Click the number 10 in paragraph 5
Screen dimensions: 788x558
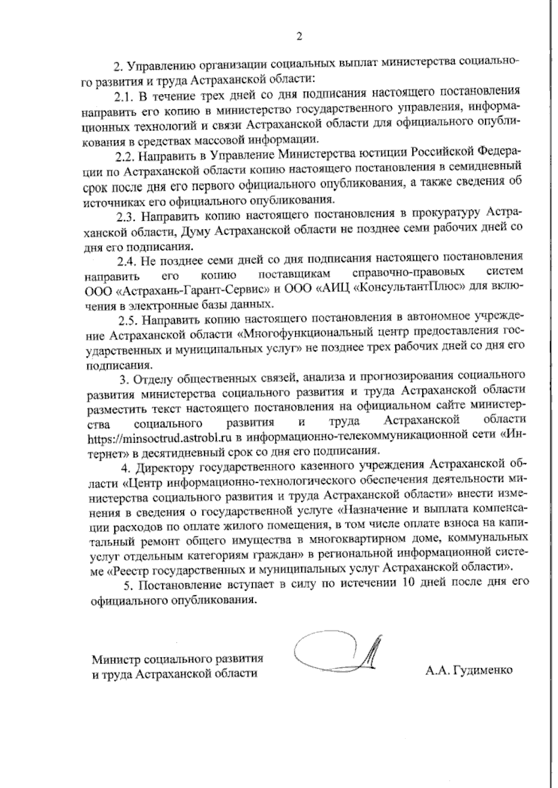click(x=399, y=584)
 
